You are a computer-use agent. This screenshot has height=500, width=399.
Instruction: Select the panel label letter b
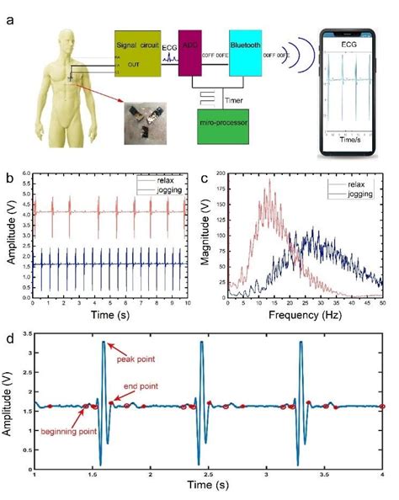click(x=8, y=178)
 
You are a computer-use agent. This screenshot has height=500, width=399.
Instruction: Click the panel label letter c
click(x=205, y=178)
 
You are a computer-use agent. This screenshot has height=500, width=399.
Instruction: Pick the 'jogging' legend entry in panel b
click(x=168, y=192)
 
